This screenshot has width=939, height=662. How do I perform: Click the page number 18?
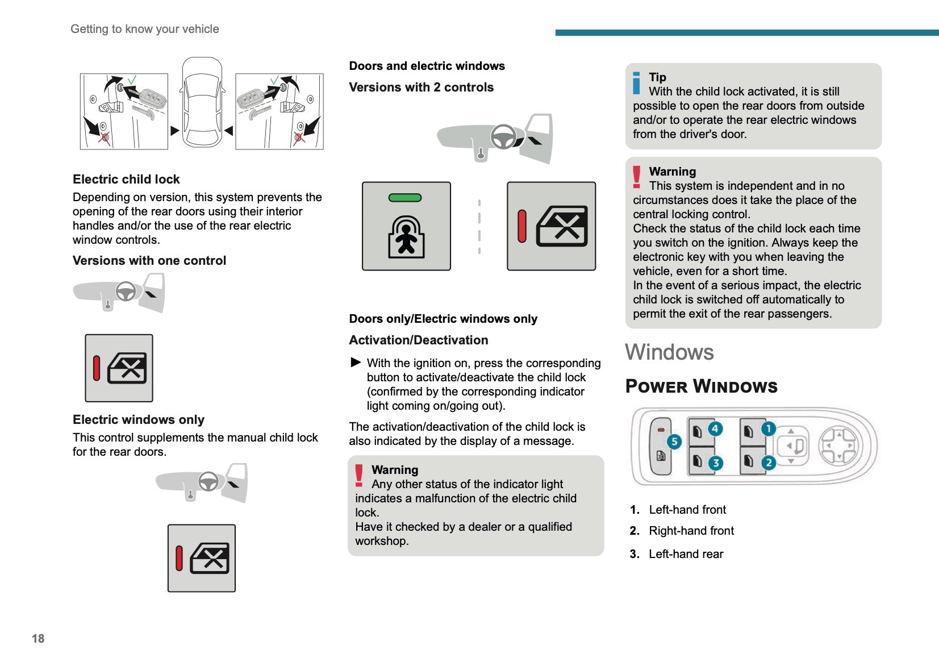[38, 638]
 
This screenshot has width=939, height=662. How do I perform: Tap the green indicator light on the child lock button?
[405, 198]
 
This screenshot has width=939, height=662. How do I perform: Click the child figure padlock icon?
[406, 237]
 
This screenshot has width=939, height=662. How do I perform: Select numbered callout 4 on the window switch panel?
[715, 429]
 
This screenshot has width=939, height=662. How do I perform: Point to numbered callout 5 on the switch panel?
[674, 442]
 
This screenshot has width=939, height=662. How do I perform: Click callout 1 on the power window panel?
[768, 429]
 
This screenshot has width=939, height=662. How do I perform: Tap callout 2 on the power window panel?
[768, 463]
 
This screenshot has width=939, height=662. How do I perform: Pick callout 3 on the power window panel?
[715, 463]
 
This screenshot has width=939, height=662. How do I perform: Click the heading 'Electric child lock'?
[126, 180]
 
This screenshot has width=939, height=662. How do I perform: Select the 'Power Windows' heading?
[701, 386]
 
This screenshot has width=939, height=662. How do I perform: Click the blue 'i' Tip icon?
[637, 83]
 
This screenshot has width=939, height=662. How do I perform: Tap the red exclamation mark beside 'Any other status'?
[359, 476]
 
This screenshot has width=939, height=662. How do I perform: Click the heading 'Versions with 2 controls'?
[421, 88]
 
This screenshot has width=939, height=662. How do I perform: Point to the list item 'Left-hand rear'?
[686, 554]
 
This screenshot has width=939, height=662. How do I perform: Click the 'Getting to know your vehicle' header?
[145, 29]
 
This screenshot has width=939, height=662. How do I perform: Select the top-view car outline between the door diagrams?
[202, 102]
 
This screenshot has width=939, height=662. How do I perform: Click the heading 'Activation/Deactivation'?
[419, 340]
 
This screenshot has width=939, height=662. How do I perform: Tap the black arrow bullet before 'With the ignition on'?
[356, 363]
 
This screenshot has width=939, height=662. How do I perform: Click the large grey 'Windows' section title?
[669, 352]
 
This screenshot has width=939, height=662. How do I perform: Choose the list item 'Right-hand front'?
[691, 531]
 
